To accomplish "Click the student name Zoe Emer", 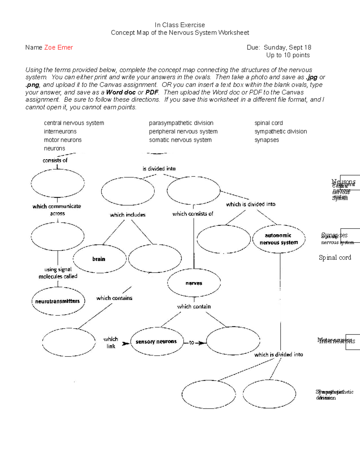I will tap(58, 47).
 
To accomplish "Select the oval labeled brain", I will tap(99, 259).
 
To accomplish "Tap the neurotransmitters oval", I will tap(58, 301).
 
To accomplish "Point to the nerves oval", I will tap(194, 283).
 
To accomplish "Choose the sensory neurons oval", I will tap(156, 341).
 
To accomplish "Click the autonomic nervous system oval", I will tap(279, 239).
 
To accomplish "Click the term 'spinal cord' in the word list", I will tap(268, 123).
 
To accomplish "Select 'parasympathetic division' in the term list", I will tap(181, 123).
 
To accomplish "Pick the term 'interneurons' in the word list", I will tap(60, 131).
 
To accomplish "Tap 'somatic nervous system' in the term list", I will tap(180, 140).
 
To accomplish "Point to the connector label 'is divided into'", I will tap(159, 169).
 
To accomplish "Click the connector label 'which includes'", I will tap(127, 215).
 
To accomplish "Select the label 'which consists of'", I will tap(193, 214).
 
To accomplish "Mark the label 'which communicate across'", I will tap(57, 209).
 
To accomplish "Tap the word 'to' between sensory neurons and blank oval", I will tap(192, 342).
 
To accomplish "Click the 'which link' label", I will tap(111, 342).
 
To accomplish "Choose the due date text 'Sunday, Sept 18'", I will tap(287, 47).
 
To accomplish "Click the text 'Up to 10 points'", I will tap(288, 55).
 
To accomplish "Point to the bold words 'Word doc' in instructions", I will tap(121, 92).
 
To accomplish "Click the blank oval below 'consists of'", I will tap(58, 183).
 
